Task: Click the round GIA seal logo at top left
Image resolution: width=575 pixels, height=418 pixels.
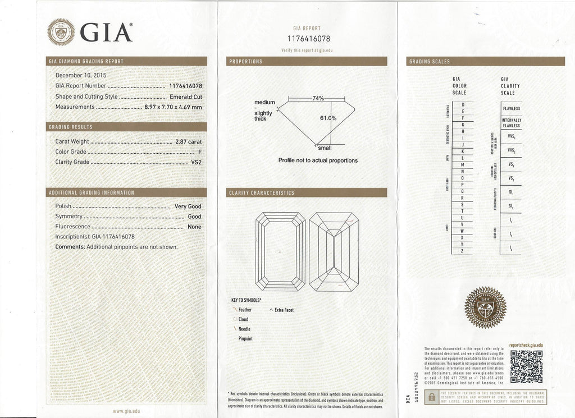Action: [61, 31]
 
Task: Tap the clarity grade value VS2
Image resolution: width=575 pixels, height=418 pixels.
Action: [197, 163]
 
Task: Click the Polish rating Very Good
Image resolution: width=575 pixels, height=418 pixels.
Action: [188, 206]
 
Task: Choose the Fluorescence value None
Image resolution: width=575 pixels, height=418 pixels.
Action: [194, 227]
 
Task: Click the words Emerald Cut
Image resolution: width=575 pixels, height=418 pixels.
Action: [185, 97]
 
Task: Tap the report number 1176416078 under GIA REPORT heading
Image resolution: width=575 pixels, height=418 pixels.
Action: [309, 39]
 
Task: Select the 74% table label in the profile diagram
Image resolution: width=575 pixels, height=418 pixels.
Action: [318, 98]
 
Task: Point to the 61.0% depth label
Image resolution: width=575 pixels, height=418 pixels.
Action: [328, 118]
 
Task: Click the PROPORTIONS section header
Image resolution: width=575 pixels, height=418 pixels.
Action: [245, 61]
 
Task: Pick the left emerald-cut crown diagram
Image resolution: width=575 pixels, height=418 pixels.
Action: [281, 249]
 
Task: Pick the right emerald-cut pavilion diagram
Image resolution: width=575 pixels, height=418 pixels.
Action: [334, 249]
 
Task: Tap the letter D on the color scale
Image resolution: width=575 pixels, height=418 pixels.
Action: [463, 104]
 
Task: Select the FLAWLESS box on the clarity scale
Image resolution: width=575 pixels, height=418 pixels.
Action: [512, 108]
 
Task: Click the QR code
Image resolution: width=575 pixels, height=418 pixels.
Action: [526, 365]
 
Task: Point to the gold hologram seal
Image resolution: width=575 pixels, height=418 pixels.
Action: [485, 307]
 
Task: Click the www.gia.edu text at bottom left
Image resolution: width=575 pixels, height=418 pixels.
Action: [126, 411]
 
